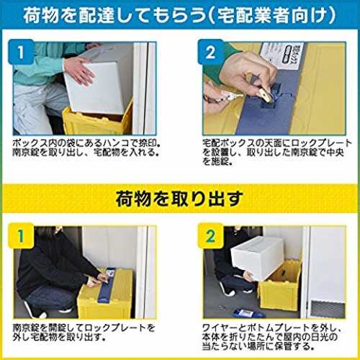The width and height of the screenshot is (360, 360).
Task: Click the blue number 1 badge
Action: click(x=21, y=52)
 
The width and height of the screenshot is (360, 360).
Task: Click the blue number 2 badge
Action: click(x=210, y=52)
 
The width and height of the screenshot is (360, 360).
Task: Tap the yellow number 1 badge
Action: click(x=21, y=235)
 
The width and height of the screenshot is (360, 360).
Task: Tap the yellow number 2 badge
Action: click(x=210, y=235)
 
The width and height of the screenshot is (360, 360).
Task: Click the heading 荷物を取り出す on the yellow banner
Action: click(x=179, y=199)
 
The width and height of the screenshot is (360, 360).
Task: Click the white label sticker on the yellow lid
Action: click(x=282, y=55)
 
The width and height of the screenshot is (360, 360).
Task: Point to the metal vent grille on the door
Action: click(x=328, y=308)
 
